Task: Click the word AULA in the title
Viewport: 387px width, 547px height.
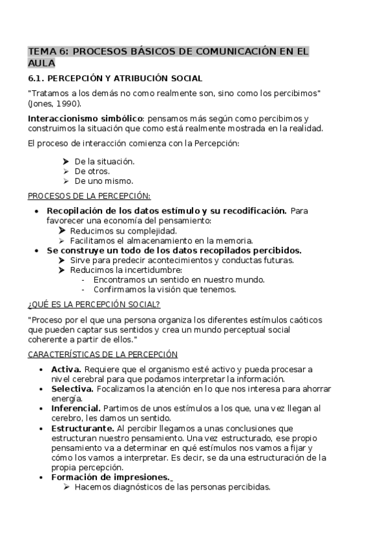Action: tap(41, 63)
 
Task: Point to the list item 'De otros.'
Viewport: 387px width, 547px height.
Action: tap(92, 172)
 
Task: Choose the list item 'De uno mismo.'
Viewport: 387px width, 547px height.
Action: tap(103, 181)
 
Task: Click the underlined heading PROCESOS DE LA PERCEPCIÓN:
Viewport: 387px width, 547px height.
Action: tap(89, 196)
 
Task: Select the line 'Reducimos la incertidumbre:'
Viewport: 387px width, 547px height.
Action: tap(126, 270)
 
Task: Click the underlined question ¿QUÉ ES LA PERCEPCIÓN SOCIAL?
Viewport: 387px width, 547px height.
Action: tap(94, 304)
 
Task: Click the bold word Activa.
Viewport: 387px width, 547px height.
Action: tap(65, 369)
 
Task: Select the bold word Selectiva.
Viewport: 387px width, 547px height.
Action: tap(72, 389)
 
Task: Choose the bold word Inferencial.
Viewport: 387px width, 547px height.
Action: tap(76, 408)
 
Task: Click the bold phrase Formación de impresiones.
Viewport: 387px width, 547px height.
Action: tap(110, 477)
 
